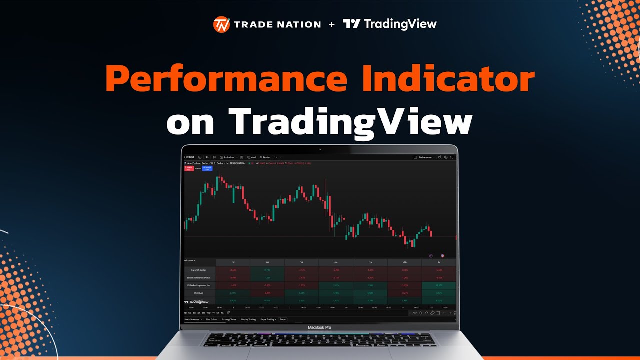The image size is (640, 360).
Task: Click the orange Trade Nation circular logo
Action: (221, 24)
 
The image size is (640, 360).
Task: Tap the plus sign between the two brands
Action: (331, 24)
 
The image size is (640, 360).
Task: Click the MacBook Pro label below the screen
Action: (319, 327)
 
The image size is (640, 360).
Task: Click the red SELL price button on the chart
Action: (189, 168)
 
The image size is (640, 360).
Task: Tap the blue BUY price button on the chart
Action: (207, 168)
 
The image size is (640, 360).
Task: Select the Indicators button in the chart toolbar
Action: (227, 157)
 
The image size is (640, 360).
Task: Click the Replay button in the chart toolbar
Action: (265, 157)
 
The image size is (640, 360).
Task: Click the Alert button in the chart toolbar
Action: (252, 157)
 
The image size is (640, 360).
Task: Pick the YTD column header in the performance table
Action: (405, 262)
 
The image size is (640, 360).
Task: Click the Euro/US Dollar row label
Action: (200, 270)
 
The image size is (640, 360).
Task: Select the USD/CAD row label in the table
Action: (200, 293)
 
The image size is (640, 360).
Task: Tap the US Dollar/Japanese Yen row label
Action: (200, 285)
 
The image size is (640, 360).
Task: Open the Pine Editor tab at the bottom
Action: (211, 319)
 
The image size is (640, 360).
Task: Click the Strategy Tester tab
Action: (229, 319)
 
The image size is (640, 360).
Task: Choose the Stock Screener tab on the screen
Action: (191, 319)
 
